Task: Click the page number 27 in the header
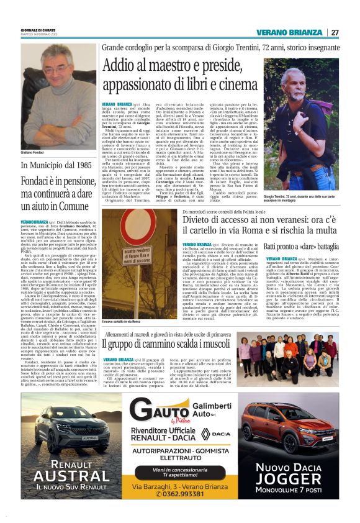click(x=335, y=32)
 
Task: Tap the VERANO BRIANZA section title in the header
click(x=294, y=32)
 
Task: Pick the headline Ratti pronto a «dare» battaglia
click(x=302, y=247)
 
